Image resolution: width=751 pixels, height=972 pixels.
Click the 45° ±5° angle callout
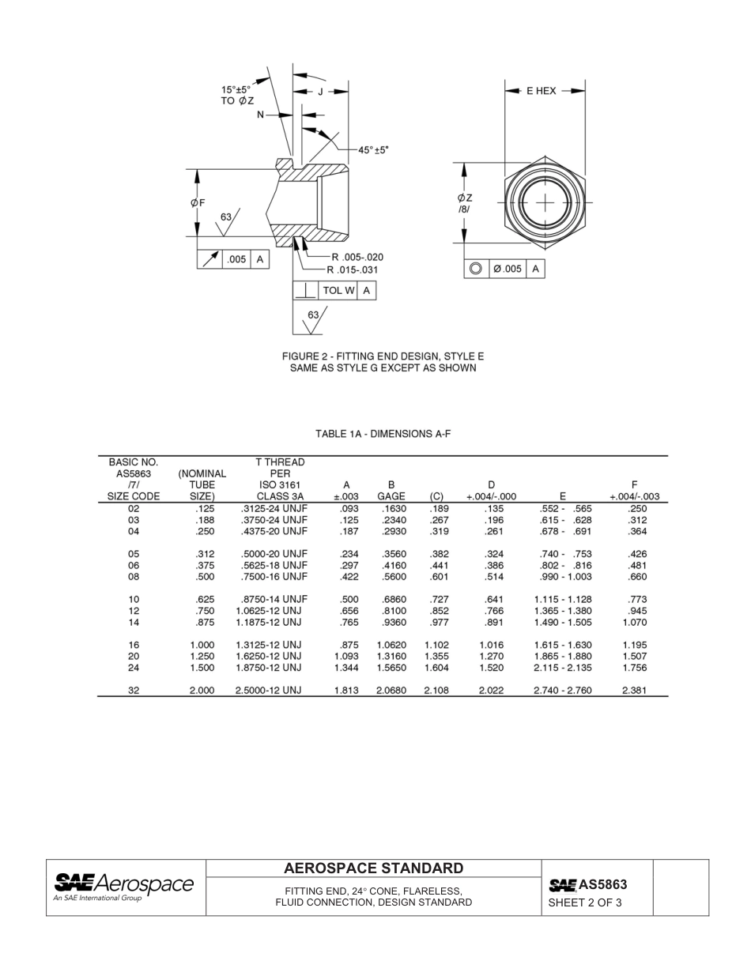(x=373, y=149)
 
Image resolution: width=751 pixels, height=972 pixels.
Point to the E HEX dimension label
(x=542, y=91)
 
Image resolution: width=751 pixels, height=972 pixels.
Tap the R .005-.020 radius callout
(x=357, y=257)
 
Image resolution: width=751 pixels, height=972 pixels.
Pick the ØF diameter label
(x=198, y=202)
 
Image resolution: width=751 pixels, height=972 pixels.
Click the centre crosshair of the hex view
(x=545, y=203)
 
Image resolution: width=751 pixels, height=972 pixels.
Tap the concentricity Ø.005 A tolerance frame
(x=504, y=269)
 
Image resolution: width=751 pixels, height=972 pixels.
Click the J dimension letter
(x=320, y=92)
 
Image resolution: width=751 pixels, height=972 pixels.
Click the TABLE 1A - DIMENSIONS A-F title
(x=383, y=434)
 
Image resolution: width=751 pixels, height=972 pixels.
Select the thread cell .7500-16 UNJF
(x=274, y=577)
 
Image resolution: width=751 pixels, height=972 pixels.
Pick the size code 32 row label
(x=134, y=690)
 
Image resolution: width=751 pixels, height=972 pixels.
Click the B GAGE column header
(x=391, y=491)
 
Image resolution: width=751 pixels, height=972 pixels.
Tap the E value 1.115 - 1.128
(x=562, y=600)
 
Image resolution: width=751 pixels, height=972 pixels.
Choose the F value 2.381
(x=634, y=690)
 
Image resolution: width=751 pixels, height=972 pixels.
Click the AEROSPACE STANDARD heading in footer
(x=373, y=868)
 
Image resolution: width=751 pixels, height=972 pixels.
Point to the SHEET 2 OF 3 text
(x=584, y=902)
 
